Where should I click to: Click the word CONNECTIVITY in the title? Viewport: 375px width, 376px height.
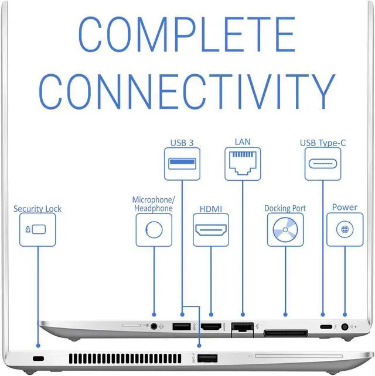coord(187,91)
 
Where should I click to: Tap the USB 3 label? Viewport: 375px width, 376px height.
coord(182,142)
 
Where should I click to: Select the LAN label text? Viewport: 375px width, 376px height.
coord(243,142)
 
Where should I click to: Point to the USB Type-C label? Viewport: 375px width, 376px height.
coord(322,142)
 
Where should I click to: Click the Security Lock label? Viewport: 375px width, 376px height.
coord(37,208)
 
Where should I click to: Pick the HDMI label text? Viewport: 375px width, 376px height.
coord(211,208)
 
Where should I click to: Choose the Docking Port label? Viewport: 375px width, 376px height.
coord(285,208)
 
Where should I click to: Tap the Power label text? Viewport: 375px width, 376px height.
coord(345,207)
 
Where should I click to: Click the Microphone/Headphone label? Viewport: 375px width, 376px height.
coord(153,204)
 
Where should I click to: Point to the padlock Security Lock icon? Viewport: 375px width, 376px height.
coord(37,229)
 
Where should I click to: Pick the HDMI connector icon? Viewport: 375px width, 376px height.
coord(211,229)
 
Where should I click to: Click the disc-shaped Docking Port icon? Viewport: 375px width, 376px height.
coord(285,229)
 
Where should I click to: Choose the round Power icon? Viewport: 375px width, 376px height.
coord(345,229)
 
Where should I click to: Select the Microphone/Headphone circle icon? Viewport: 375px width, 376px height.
coord(154,229)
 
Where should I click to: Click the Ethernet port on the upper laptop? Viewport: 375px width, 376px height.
coord(240,329)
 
